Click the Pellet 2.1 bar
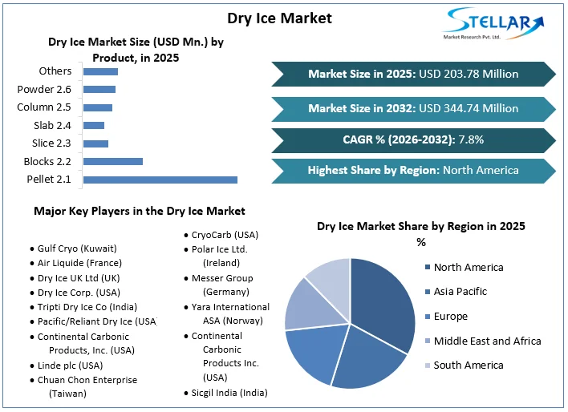[x=160, y=180]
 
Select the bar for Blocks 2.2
[x=113, y=161]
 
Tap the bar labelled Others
[x=100, y=72]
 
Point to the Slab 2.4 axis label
[x=52, y=125]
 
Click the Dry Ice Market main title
[x=279, y=18]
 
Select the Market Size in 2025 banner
[x=412, y=74]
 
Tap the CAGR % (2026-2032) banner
[x=412, y=139]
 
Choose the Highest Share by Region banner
[x=412, y=170]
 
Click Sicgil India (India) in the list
[x=229, y=393]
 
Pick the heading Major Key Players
[x=139, y=211]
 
